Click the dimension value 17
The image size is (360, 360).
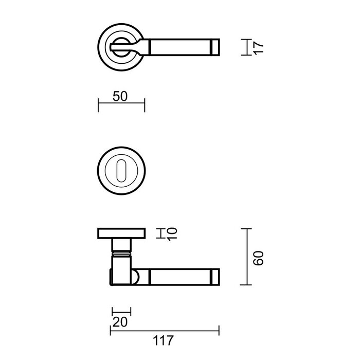coord(259,48)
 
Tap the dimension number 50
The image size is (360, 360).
coord(120,96)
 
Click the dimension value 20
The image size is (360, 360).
coord(120,322)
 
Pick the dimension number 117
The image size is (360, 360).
coord(164,340)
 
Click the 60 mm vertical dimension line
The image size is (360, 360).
coord(248,257)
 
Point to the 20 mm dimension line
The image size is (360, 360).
coord(121,311)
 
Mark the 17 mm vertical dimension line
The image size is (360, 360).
coord(247,48)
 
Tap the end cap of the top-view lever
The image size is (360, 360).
coord(215,47)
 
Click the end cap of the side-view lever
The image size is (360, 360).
coord(215,276)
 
